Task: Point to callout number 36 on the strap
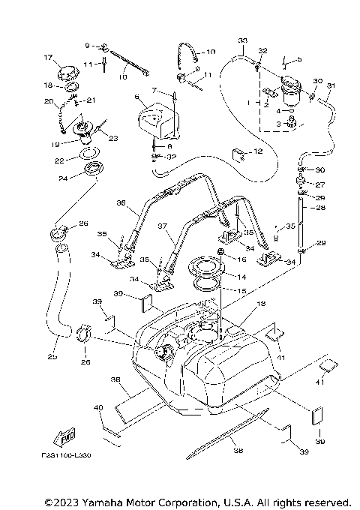click(x=121, y=202)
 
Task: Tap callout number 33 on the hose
click(x=241, y=39)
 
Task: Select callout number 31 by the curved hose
click(x=332, y=85)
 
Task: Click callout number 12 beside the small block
click(x=257, y=151)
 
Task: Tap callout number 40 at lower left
click(x=98, y=407)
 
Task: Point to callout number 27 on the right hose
click(x=320, y=184)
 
